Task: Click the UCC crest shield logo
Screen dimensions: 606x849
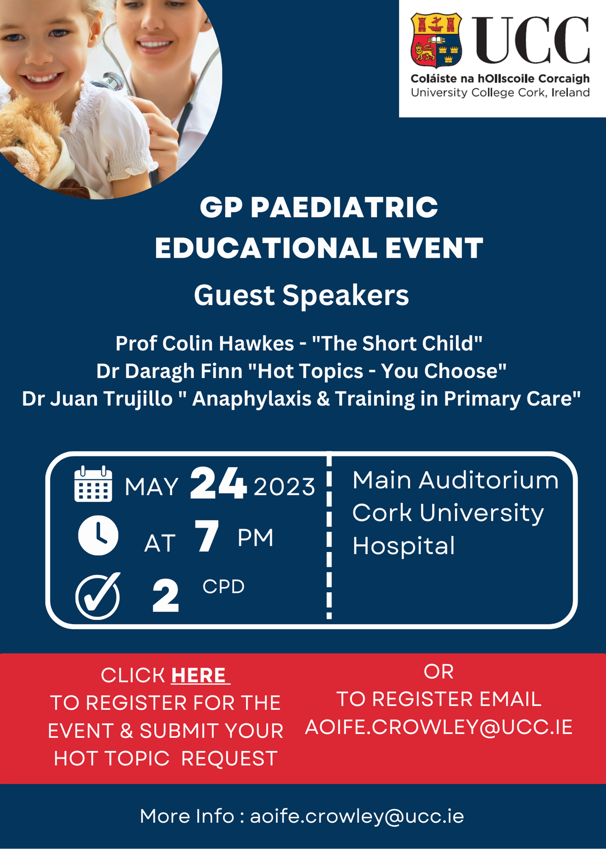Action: [x=436, y=40]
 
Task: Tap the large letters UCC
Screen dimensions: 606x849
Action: [x=531, y=40]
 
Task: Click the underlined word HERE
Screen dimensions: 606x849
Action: [x=200, y=675]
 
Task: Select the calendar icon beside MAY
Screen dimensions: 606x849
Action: [x=93, y=484]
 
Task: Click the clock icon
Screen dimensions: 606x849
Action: [x=98, y=535]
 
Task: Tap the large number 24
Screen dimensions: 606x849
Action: [x=218, y=483]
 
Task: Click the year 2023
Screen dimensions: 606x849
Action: [x=284, y=486]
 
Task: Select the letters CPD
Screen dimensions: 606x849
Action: [x=224, y=587]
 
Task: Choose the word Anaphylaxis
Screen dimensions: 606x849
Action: [x=252, y=399]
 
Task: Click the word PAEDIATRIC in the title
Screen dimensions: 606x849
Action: [x=344, y=207]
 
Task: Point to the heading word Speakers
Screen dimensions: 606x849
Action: [x=345, y=295]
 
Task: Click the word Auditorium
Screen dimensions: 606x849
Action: [x=489, y=480]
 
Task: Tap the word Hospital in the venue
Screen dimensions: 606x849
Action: [x=404, y=546]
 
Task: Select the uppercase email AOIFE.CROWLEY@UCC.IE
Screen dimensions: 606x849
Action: [x=439, y=727]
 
